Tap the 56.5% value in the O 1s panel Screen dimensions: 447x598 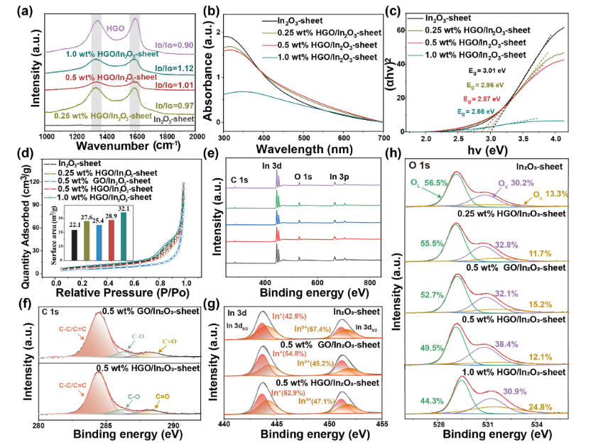point(435,182)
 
